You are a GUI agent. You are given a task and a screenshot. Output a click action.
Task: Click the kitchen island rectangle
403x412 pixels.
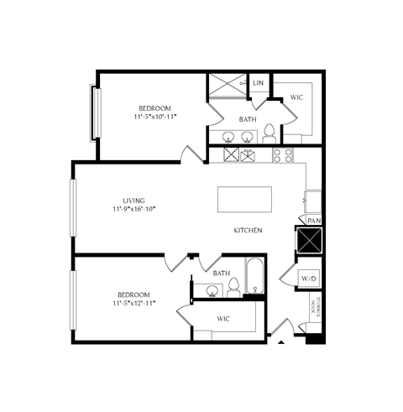244,200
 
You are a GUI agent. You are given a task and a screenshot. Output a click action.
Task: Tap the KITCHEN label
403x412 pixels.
249,230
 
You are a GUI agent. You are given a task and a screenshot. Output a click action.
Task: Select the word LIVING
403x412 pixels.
133,201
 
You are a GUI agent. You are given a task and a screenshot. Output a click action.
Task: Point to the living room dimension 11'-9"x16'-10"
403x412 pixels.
133,210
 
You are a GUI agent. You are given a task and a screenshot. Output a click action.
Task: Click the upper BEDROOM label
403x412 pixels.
155,108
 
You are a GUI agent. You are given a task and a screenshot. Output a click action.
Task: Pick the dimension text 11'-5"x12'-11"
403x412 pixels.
133,304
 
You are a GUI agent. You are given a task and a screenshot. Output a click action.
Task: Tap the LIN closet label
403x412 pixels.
258,83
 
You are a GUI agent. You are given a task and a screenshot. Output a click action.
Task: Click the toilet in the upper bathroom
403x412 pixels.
269,133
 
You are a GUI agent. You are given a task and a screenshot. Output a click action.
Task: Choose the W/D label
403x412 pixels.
308,279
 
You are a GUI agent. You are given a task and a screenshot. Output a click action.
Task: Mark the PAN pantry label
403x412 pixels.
313,220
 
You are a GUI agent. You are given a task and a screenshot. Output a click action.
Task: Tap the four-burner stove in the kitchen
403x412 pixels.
283,154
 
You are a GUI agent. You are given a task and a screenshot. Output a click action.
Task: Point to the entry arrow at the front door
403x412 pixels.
280,341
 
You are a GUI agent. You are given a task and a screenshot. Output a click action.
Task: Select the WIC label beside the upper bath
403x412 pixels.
296,98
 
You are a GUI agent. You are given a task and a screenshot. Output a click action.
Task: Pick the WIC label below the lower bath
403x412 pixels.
223,319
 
